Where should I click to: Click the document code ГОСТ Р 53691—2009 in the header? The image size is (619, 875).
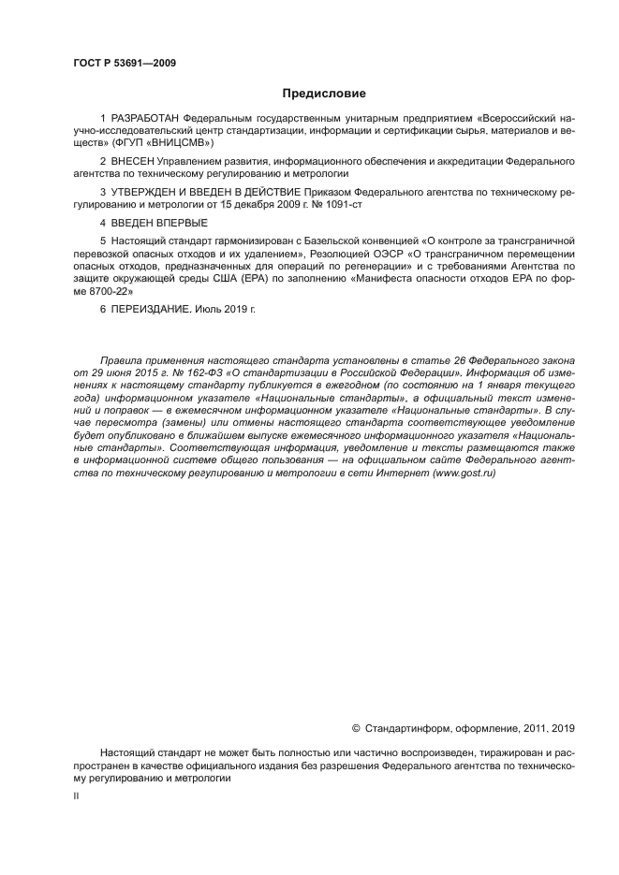124,64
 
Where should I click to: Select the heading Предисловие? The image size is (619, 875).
324,94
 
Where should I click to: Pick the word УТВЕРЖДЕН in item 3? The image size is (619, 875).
147,191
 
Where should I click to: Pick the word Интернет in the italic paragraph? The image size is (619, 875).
401,473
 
